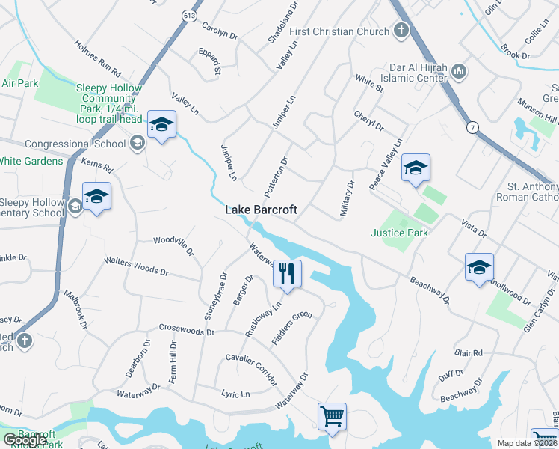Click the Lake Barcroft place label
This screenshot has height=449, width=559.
261,210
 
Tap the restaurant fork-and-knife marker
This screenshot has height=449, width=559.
286,272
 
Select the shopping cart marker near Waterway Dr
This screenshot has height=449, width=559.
332,415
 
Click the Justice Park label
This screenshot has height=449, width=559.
400,233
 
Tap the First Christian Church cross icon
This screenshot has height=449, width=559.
402,31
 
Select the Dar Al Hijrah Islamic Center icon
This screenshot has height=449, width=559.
459,72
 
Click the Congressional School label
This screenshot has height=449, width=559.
75,144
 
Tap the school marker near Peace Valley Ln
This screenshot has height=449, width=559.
416,168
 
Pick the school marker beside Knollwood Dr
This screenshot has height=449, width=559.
479,266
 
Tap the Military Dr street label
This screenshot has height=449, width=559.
346,198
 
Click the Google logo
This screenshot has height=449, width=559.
24,441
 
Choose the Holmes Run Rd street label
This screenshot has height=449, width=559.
98,60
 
